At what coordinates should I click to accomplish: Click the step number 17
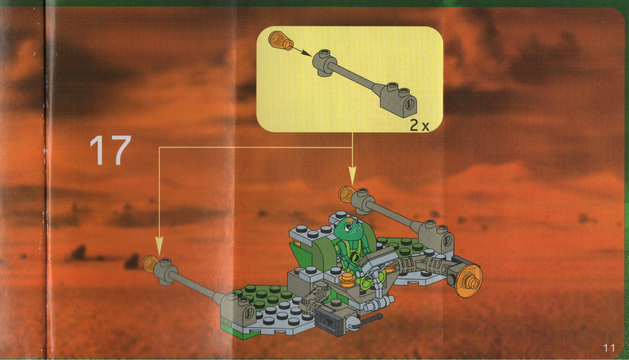point(110,150)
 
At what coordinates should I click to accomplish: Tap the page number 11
point(609,348)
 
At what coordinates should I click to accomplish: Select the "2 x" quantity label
point(419,125)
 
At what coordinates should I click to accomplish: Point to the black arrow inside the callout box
point(302,52)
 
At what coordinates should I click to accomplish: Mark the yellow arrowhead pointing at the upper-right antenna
point(352,176)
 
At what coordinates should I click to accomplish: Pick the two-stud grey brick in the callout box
point(398,100)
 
